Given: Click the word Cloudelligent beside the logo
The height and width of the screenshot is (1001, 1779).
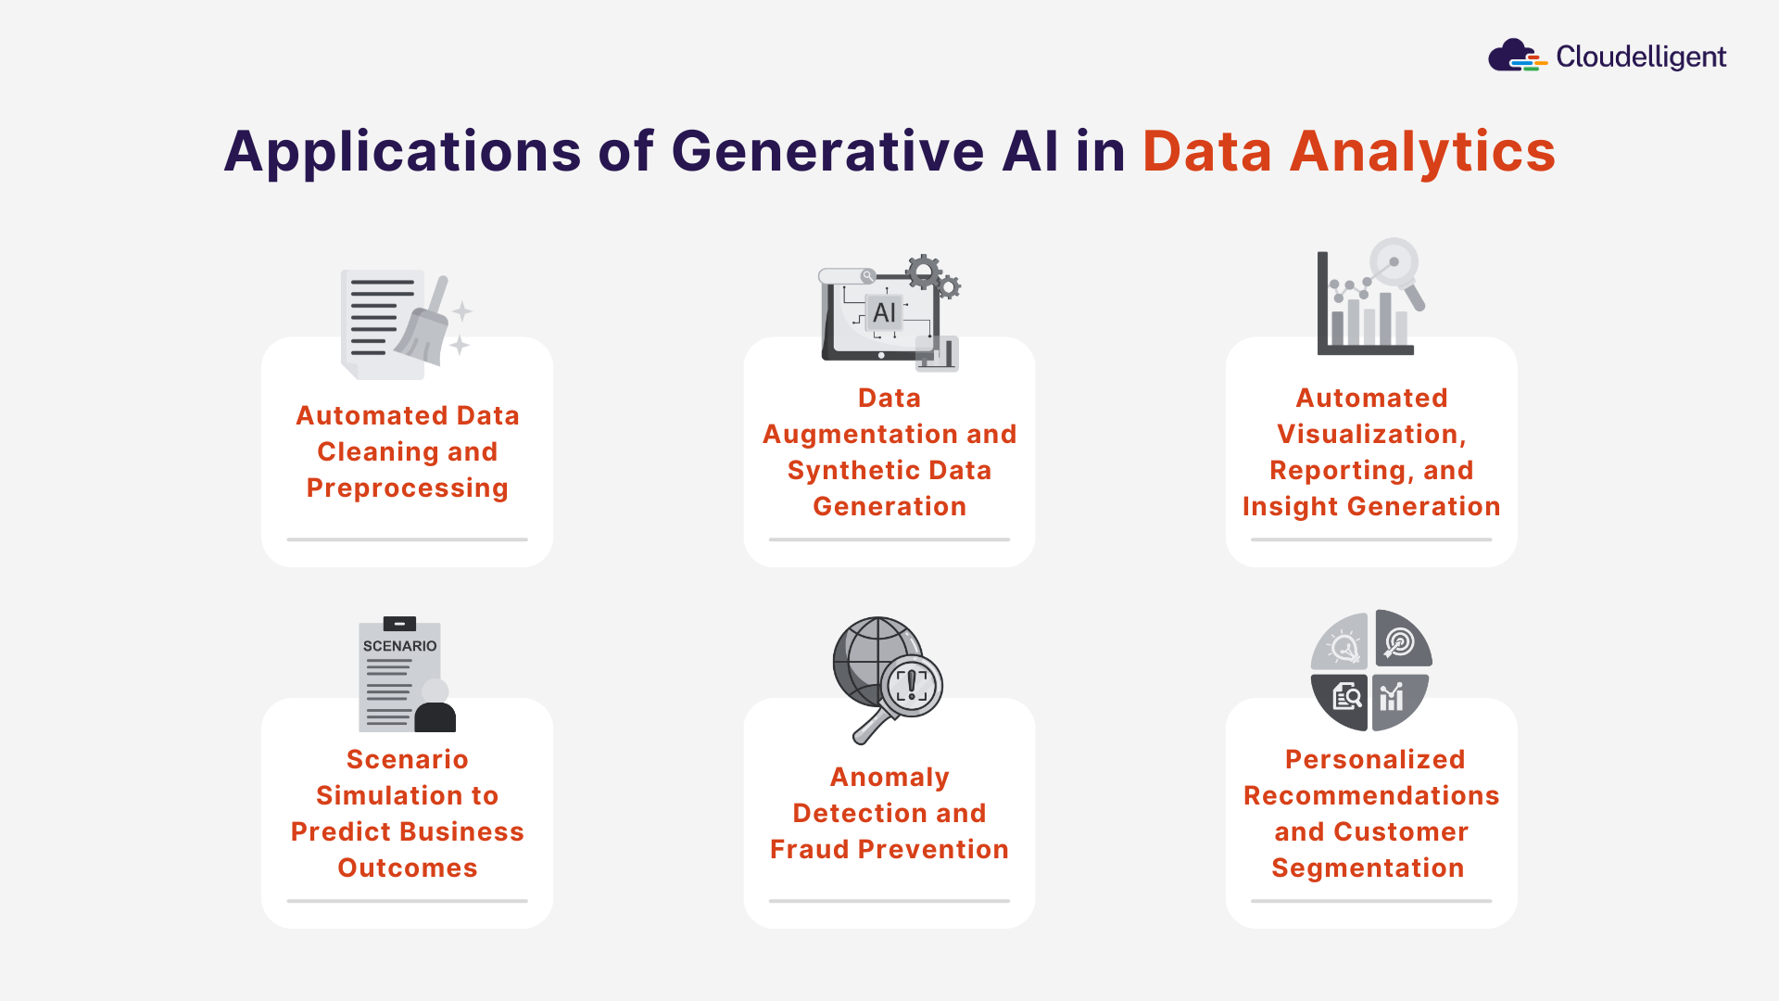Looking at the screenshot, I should pyautogui.click(x=1640, y=57).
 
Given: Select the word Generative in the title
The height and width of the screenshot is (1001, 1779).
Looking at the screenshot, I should pyautogui.click(x=827, y=151).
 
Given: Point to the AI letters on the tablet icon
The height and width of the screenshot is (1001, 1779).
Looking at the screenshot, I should pyautogui.click(x=884, y=312).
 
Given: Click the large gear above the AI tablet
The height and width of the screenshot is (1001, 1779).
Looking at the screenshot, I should pyautogui.click(x=923, y=272).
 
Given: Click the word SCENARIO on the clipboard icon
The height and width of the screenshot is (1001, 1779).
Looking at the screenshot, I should pyautogui.click(x=399, y=646).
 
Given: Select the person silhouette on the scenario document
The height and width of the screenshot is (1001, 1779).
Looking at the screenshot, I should pyautogui.click(x=435, y=709).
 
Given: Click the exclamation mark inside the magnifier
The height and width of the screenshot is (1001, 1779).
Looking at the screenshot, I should pyautogui.click(x=913, y=685).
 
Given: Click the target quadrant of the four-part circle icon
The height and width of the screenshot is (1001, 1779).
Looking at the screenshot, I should pyautogui.click(x=1401, y=641).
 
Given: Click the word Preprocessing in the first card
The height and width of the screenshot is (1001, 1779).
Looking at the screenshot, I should pyautogui.click(x=408, y=488).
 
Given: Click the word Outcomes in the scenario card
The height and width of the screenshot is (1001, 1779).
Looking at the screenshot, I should pyautogui.click(x=408, y=868).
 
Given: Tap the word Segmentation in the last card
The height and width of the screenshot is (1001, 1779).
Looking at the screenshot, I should pyautogui.click(x=1368, y=868).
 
